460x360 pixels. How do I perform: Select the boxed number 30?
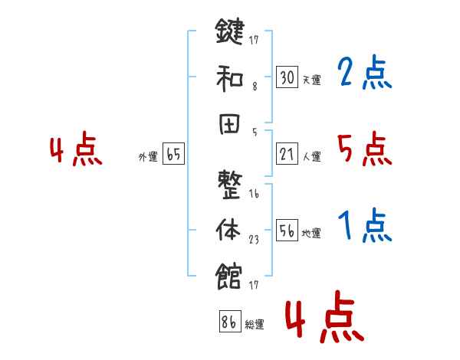pos(287,77)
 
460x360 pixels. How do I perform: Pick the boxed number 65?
pos(173,155)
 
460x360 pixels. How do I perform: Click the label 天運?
pos(311,79)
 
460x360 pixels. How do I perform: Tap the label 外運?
pos(147,156)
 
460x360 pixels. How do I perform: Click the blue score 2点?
pos(364,74)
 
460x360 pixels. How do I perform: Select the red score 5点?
pos(364,149)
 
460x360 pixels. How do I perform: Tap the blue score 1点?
pos(364,226)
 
